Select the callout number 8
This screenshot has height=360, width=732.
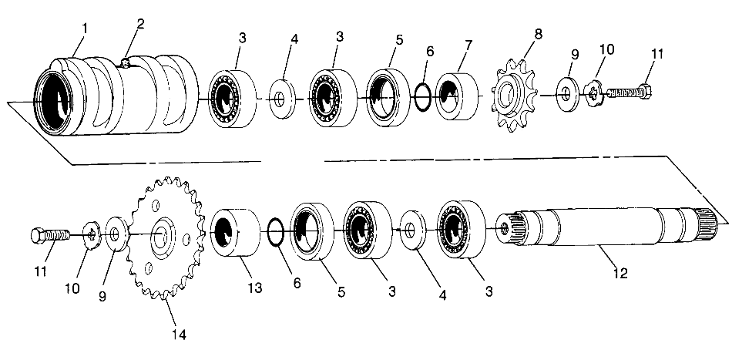click(x=536, y=34)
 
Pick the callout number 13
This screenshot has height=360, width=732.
click(x=255, y=288)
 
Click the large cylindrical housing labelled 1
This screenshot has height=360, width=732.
click(x=116, y=96)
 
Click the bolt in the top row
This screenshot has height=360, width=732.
click(x=630, y=93)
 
